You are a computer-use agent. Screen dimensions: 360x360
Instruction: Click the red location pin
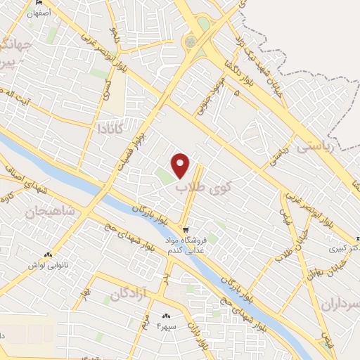[181, 166]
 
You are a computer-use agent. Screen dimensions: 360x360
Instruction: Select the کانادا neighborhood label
[111, 128]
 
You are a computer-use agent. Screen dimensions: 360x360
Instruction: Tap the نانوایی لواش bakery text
[47, 265]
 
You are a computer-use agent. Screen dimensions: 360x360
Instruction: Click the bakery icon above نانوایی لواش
[47, 255]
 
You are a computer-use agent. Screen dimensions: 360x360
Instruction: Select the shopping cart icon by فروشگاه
[185, 229]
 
